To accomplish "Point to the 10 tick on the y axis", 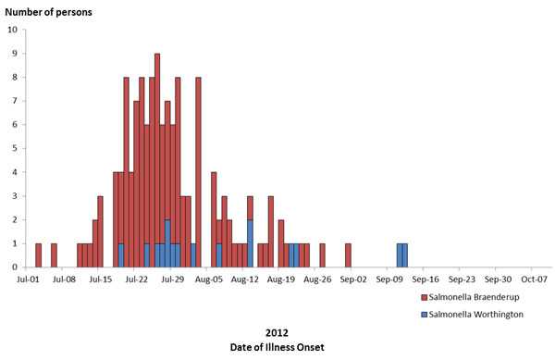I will (x=12, y=30).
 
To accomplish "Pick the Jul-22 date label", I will (x=137, y=278).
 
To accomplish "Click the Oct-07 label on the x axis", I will (x=534, y=278).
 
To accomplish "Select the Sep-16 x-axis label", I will (x=425, y=278).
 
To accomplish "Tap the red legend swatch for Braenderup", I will (x=423, y=298).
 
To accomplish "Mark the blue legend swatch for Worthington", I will (x=423, y=315).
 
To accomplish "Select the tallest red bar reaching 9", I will (x=157, y=160).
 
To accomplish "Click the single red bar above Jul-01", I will (x=38, y=255).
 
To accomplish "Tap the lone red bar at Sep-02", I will (x=348, y=255).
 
